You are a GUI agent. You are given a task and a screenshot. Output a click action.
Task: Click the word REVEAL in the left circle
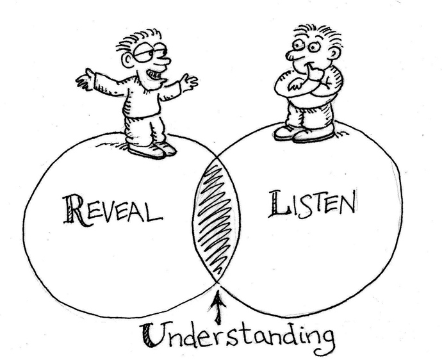(x=112, y=209)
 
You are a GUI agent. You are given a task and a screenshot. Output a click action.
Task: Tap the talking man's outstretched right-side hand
(x=188, y=82)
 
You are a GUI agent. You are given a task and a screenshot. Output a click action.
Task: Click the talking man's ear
(x=128, y=60)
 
